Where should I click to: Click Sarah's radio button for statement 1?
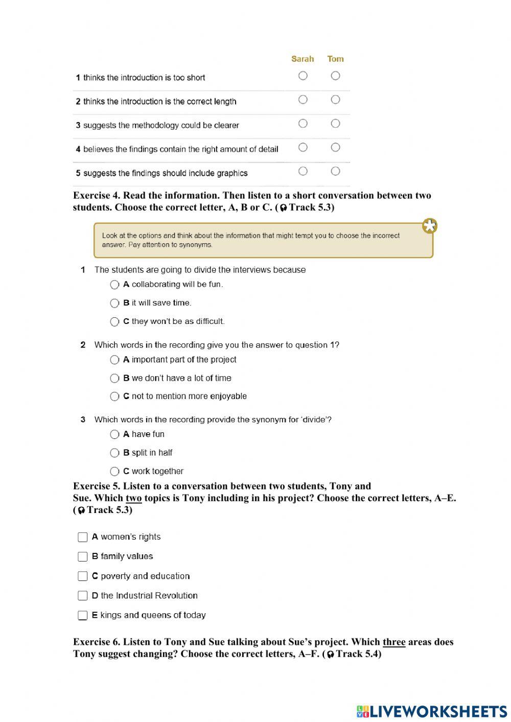303,76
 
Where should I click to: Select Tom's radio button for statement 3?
335,123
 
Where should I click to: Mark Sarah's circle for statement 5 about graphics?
303,171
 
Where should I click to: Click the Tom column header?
335,59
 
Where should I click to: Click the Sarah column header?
303,59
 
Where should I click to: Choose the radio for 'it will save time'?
114,303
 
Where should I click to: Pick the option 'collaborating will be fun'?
114,285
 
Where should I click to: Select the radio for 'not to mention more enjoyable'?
114,397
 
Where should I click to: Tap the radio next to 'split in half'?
114,453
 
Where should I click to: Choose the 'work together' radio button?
114,471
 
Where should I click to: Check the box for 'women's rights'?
83,537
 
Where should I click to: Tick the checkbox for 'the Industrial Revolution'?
83,596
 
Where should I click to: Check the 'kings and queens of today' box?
83,615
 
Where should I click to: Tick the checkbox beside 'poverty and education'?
83,576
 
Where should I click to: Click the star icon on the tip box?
430,226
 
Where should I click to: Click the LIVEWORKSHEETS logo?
432,711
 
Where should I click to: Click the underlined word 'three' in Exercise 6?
393,642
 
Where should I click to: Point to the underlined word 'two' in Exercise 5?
133,498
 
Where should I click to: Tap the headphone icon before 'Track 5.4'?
331,655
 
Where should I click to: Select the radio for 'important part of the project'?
114,360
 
